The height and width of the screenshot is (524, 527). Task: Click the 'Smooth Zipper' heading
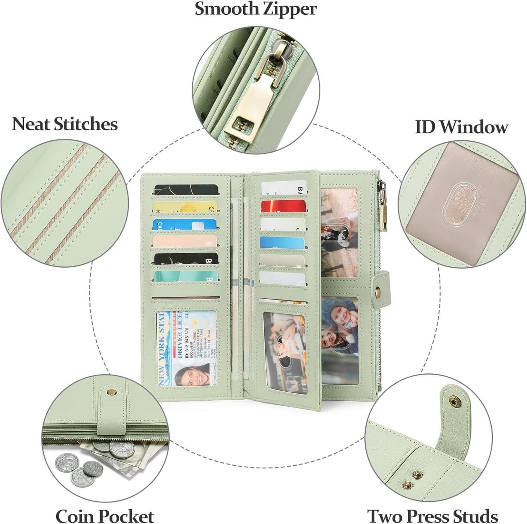(255, 9)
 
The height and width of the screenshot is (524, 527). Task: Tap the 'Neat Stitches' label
(65, 124)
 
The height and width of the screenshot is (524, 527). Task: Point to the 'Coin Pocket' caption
(105, 516)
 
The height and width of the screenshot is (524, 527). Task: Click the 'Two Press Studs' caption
(432, 516)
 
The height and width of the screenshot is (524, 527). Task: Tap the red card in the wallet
(283, 206)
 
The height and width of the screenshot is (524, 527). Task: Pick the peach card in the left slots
(185, 241)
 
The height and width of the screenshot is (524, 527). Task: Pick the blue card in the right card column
(283, 242)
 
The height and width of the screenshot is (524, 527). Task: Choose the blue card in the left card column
(185, 224)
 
